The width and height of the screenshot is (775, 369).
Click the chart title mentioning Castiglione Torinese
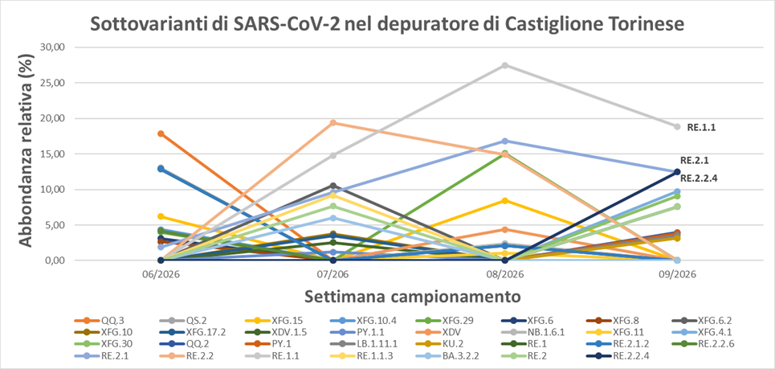[387, 23]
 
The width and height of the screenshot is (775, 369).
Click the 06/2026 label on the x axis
[161, 274]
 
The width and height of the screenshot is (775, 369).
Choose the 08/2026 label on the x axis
[504, 274]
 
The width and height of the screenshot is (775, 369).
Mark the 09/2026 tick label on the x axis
[676, 274]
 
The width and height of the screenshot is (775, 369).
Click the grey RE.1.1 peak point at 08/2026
[504, 65]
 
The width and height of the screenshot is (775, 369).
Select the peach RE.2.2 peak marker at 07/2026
[333, 123]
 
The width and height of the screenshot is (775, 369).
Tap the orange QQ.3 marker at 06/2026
[161, 133]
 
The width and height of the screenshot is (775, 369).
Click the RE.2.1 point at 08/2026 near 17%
[504, 141]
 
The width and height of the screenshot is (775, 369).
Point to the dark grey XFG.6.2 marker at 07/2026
[333, 186]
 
